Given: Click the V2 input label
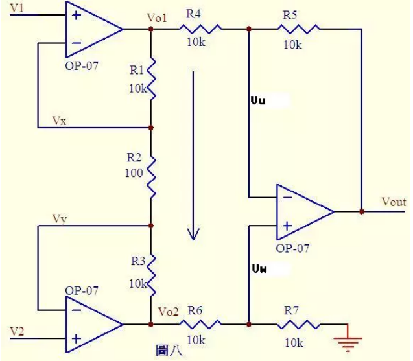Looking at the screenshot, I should (x=18, y=331).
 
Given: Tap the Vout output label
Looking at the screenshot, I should (x=393, y=202).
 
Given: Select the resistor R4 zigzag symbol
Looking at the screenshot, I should (x=200, y=29).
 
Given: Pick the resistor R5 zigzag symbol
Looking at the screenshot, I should (x=300, y=29).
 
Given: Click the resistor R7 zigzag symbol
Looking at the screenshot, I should (x=300, y=323).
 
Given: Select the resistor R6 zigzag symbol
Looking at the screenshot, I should (x=200, y=323).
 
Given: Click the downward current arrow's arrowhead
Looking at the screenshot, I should (x=193, y=233).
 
